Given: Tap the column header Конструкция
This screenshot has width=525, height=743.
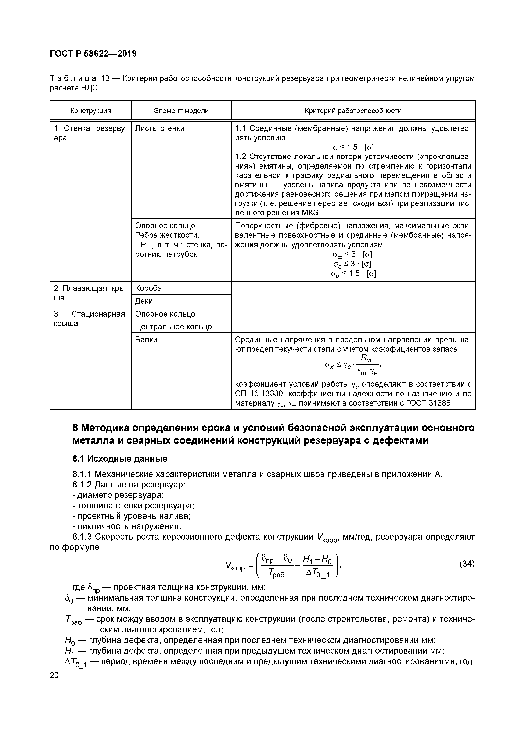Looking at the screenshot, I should pos(91,111).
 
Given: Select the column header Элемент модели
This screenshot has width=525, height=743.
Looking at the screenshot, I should pos(181,111).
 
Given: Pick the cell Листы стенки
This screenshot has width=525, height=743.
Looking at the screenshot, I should pos(159,128).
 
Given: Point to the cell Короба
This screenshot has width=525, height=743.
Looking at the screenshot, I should pos(148,288).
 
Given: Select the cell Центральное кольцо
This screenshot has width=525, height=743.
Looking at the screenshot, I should pos(173,326).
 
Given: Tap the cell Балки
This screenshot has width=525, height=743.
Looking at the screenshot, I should pos(146,339).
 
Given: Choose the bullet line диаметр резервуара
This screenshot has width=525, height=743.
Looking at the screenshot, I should pos(118,495).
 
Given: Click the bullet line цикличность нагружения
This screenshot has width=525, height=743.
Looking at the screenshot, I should pos(127,526).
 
